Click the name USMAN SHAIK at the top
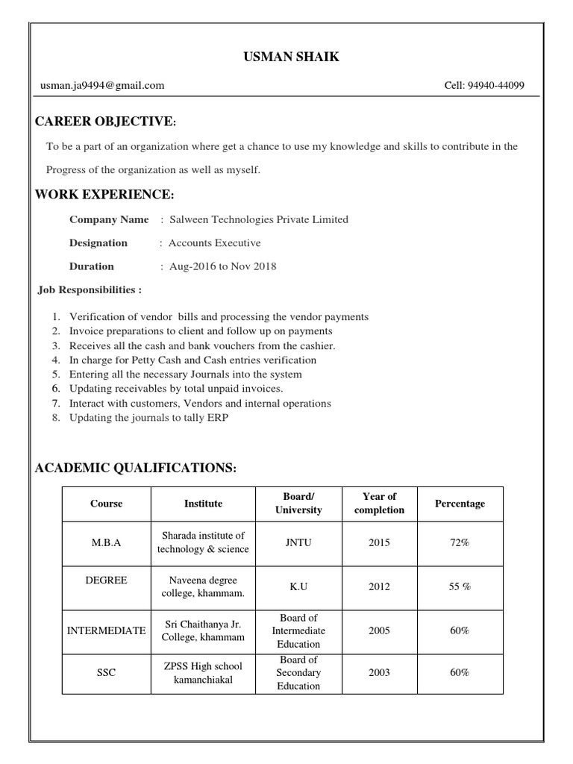tap(291, 57)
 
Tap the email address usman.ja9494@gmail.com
tap(102, 86)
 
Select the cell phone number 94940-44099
tap(484, 86)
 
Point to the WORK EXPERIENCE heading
tap(104, 195)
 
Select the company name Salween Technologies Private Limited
tap(259, 219)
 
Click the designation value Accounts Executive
tap(215, 242)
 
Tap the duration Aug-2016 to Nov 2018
tap(223, 266)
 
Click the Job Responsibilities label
tap(90, 289)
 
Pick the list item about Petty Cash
tap(192, 360)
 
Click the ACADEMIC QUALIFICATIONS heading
tap(136, 468)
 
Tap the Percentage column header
tap(460, 504)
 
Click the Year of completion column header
tap(379, 504)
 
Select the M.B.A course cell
tap(106, 542)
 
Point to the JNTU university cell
tap(298, 542)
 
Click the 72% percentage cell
tap(460, 542)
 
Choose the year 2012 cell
tap(379, 586)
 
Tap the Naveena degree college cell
tap(203, 586)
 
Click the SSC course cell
tap(106, 672)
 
